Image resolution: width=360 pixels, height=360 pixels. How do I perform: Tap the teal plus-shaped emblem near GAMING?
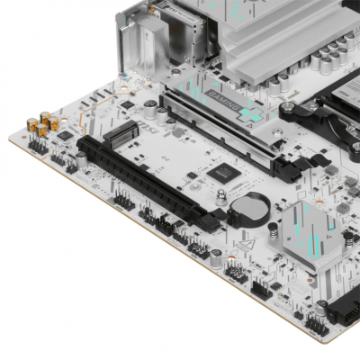tap(252, 116)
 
